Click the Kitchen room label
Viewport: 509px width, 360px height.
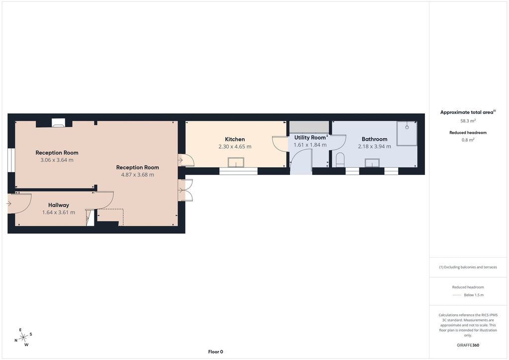pyautogui.click(x=235, y=139)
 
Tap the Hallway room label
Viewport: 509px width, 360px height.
pyautogui.click(x=59, y=205)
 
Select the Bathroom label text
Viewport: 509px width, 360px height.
pyautogui.click(x=374, y=139)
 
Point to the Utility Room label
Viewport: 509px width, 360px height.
pyautogui.click(x=310, y=138)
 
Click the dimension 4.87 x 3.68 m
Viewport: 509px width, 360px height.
pyautogui.click(x=137, y=175)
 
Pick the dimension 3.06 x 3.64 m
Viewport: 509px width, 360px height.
pyautogui.click(x=57, y=160)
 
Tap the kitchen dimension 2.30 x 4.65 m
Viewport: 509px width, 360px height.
pyautogui.click(x=235, y=146)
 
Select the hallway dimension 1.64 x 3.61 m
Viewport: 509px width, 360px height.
pyautogui.click(x=59, y=212)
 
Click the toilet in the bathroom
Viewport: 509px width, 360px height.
pyautogui.click(x=340, y=160)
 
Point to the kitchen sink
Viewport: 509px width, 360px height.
pyautogui.click(x=236, y=162)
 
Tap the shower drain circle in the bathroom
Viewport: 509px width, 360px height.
pyautogui.click(x=407, y=127)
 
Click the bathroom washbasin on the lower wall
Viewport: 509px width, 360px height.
pyautogui.click(x=372, y=163)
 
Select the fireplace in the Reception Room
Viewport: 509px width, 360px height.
pyautogui.click(x=58, y=122)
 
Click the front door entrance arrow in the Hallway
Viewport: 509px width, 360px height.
pyautogui.click(x=9, y=203)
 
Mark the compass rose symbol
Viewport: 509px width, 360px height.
pyautogui.click(x=23, y=338)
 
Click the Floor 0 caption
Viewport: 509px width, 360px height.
pyautogui.click(x=216, y=352)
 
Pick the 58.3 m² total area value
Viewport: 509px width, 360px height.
pyautogui.click(x=468, y=121)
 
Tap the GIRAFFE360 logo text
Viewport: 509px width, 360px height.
pyautogui.click(x=468, y=345)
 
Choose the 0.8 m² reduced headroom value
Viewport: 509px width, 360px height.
pyautogui.click(x=468, y=140)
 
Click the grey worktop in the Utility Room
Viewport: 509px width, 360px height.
pyautogui.click(x=309, y=127)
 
